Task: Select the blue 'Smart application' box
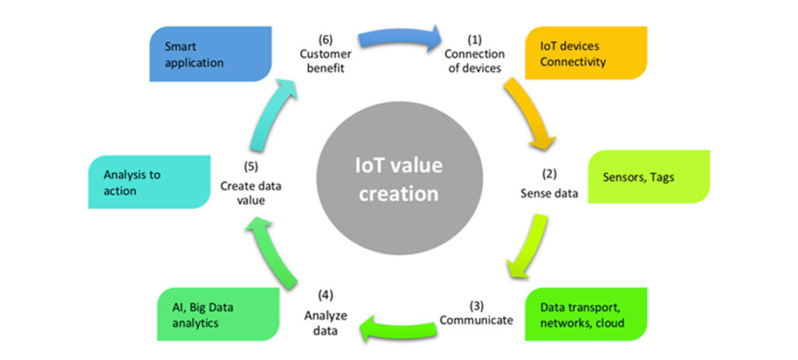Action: point(210,53)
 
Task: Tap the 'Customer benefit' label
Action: point(326,60)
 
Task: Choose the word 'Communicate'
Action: point(476,319)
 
